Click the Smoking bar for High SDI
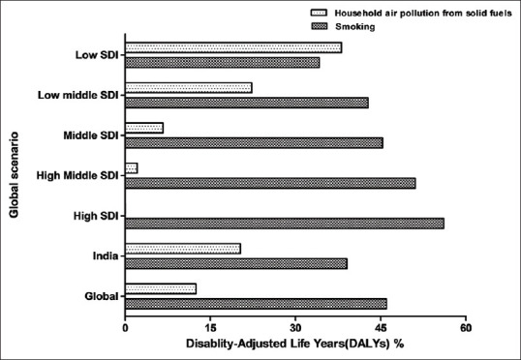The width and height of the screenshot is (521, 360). (x=285, y=224)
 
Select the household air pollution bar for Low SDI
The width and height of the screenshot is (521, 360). (x=233, y=47)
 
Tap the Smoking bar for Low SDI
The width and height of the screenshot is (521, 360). (x=223, y=63)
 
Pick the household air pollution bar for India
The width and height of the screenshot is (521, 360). (x=183, y=249)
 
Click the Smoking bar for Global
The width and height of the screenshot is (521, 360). (x=257, y=304)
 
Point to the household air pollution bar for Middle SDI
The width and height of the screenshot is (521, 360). (x=144, y=128)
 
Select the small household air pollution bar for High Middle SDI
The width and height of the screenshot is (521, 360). (x=132, y=168)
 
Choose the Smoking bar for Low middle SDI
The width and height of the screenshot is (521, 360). (x=247, y=103)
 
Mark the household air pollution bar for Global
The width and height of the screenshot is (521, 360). (x=161, y=289)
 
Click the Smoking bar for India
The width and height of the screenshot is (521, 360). (x=236, y=263)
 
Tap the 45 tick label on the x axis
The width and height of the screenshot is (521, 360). (x=382, y=328)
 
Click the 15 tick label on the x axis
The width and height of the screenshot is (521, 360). (x=210, y=328)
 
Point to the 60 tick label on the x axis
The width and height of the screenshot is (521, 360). (x=466, y=328)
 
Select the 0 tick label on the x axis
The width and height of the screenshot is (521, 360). (x=125, y=328)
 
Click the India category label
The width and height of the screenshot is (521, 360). (x=106, y=256)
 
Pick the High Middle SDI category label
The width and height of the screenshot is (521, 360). (x=77, y=175)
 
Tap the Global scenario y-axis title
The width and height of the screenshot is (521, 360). (x=14, y=175)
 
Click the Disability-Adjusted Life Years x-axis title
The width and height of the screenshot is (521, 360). (x=295, y=344)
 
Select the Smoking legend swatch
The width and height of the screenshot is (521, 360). (x=320, y=26)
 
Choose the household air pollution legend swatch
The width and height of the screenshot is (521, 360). (x=320, y=13)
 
